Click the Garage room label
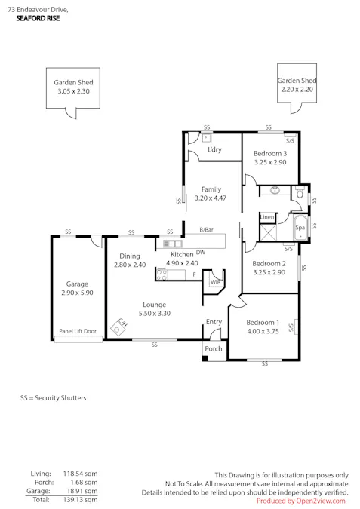point(77,284)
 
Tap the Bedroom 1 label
point(262,322)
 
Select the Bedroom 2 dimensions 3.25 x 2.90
point(269,272)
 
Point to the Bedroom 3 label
point(269,153)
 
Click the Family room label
point(211,189)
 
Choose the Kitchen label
point(182,255)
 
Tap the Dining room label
point(129,256)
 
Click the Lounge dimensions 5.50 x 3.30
point(155,313)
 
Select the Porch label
point(214,349)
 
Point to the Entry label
point(214,322)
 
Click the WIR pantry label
point(215,282)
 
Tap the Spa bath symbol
point(300,227)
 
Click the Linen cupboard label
point(267,217)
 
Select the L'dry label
point(214,150)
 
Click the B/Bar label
point(206,229)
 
